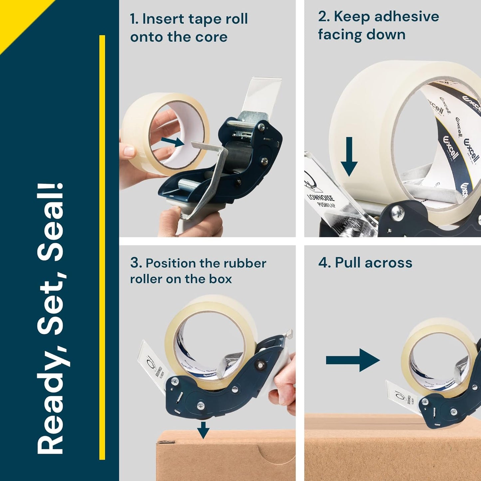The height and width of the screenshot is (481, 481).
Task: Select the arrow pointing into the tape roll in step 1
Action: click(173, 142)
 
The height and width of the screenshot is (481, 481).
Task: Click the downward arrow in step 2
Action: click(349, 156)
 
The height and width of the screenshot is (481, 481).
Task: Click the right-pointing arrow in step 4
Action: click(353, 360)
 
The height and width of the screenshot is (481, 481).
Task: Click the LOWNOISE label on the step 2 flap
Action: click(320, 199)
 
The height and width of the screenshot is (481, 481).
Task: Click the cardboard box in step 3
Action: click(226, 456)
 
